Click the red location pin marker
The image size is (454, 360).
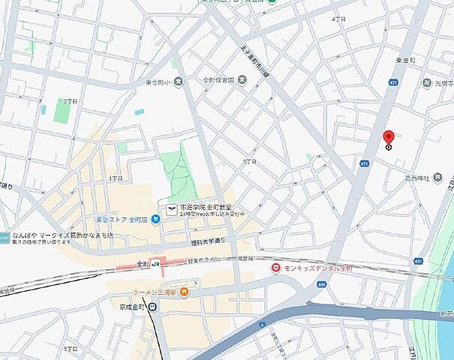388,138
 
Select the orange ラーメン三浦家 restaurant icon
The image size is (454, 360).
184,291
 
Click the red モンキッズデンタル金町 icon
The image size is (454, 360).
276,267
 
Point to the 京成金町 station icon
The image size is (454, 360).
152,306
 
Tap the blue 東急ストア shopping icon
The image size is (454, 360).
155,219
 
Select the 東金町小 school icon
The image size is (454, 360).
178,82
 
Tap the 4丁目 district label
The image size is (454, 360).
338,19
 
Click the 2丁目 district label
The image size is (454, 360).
71,100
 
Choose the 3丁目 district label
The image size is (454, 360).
250,161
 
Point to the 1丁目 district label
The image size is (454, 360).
116,178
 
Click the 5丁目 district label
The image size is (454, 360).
71,349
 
